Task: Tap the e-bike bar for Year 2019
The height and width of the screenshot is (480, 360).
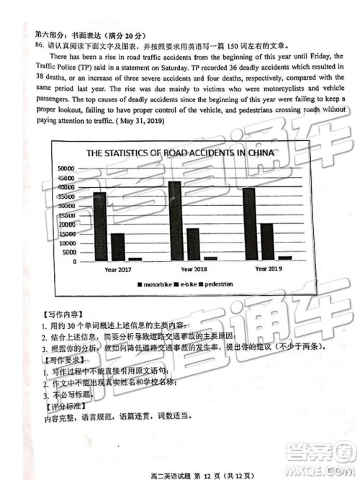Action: click(x=266, y=242)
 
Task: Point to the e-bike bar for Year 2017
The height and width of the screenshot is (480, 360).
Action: click(x=117, y=247)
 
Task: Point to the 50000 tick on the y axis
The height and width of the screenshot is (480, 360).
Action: click(x=66, y=168)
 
